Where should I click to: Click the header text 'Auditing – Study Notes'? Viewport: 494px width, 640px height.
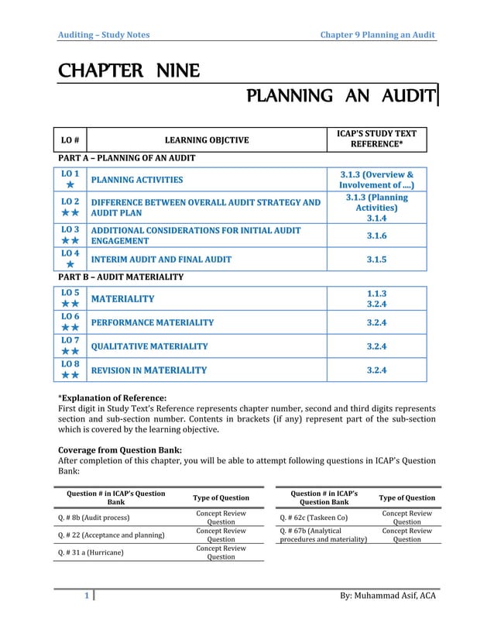[105, 35]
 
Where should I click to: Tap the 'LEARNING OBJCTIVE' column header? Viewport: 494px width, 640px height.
[208, 140]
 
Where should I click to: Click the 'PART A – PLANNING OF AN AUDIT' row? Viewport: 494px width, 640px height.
[128, 158]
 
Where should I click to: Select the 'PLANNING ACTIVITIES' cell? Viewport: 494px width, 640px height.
[137, 181]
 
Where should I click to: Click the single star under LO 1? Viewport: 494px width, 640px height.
[70, 186]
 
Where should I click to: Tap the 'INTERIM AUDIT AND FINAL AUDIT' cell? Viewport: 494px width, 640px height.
[161, 260]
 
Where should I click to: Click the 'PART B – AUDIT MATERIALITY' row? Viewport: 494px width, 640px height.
[122, 277]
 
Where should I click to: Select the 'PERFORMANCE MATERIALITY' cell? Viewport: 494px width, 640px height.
[153, 322]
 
